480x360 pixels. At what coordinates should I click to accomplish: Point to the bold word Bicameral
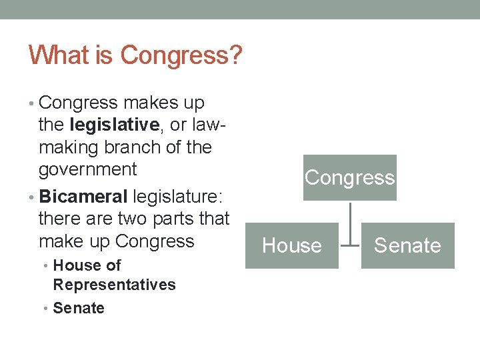[x=83, y=196]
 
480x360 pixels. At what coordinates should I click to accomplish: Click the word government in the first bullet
[x=87, y=169]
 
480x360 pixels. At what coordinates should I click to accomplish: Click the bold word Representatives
[x=114, y=285]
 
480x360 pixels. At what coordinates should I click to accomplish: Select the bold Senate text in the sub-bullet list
[x=79, y=308]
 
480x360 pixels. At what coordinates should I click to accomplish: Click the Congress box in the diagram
[x=349, y=177]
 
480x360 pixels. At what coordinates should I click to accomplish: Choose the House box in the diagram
[x=292, y=245]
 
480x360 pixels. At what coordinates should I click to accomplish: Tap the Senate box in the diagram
[x=407, y=245]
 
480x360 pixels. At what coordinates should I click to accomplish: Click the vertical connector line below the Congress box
[x=350, y=223]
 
